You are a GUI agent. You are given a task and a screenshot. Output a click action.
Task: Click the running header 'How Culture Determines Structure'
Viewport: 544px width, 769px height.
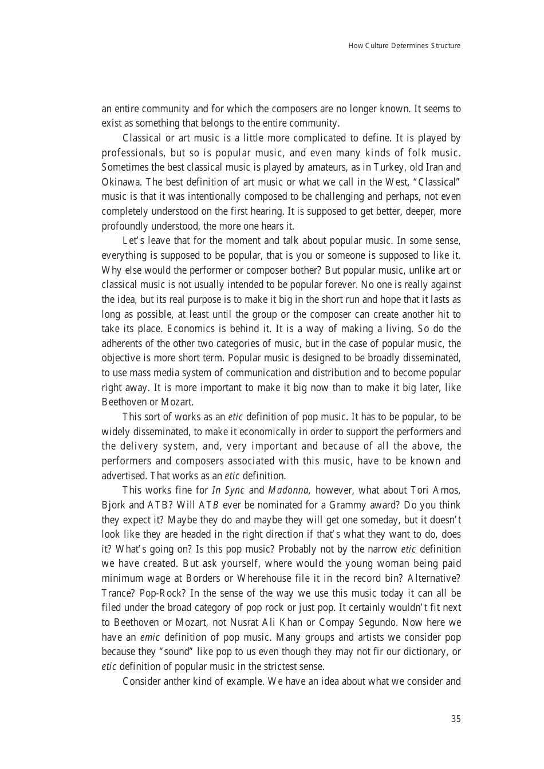click(x=404, y=46)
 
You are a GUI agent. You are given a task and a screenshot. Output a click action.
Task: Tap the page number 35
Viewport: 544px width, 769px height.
click(x=455, y=719)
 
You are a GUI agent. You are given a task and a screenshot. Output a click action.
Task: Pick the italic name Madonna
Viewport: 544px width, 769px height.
click(x=289, y=490)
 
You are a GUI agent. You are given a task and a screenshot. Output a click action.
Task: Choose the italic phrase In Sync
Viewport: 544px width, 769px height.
click(x=228, y=490)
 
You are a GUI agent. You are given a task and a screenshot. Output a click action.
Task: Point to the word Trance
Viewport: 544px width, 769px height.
click(x=117, y=593)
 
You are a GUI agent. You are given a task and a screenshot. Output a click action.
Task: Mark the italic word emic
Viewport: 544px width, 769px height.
click(x=149, y=637)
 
